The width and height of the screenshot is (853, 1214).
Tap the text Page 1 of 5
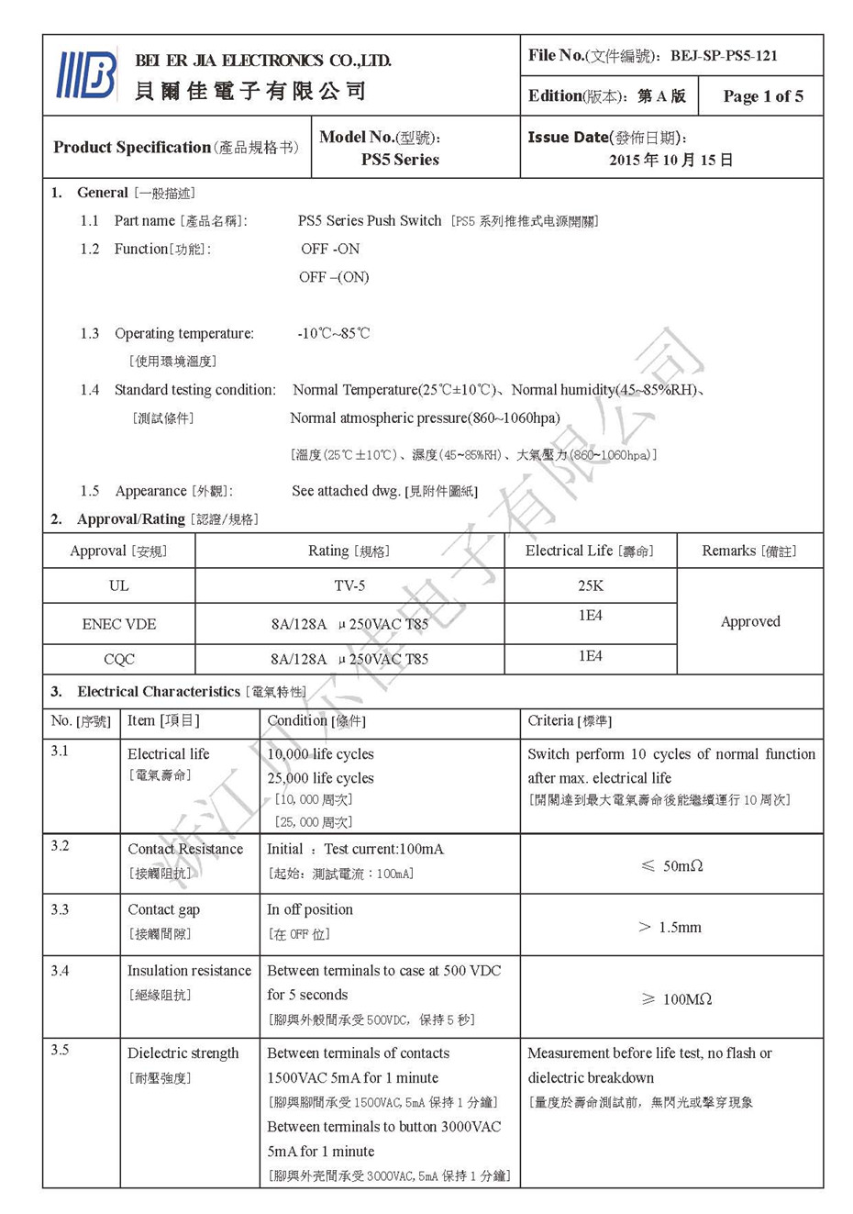(762, 96)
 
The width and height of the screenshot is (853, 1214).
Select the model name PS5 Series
(400, 160)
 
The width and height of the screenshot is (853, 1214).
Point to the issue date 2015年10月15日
(670, 160)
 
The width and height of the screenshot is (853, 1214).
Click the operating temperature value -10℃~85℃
(333, 333)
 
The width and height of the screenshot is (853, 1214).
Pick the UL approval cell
(118, 585)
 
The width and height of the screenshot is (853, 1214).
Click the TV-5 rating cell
(349, 585)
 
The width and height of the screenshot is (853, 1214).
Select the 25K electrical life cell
(590, 585)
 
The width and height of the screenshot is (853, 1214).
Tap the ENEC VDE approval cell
(118, 624)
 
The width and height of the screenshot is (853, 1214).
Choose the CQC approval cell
(118, 659)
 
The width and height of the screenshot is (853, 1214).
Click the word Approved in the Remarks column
(750, 621)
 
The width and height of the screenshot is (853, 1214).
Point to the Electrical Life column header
(589, 551)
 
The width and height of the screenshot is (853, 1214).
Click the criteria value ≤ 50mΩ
(671, 866)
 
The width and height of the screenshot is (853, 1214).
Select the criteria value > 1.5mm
(670, 928)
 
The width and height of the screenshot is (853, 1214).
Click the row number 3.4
(60, 971)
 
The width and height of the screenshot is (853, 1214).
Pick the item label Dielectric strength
(183, 1053)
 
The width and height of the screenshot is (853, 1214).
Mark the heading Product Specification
(132, 147)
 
